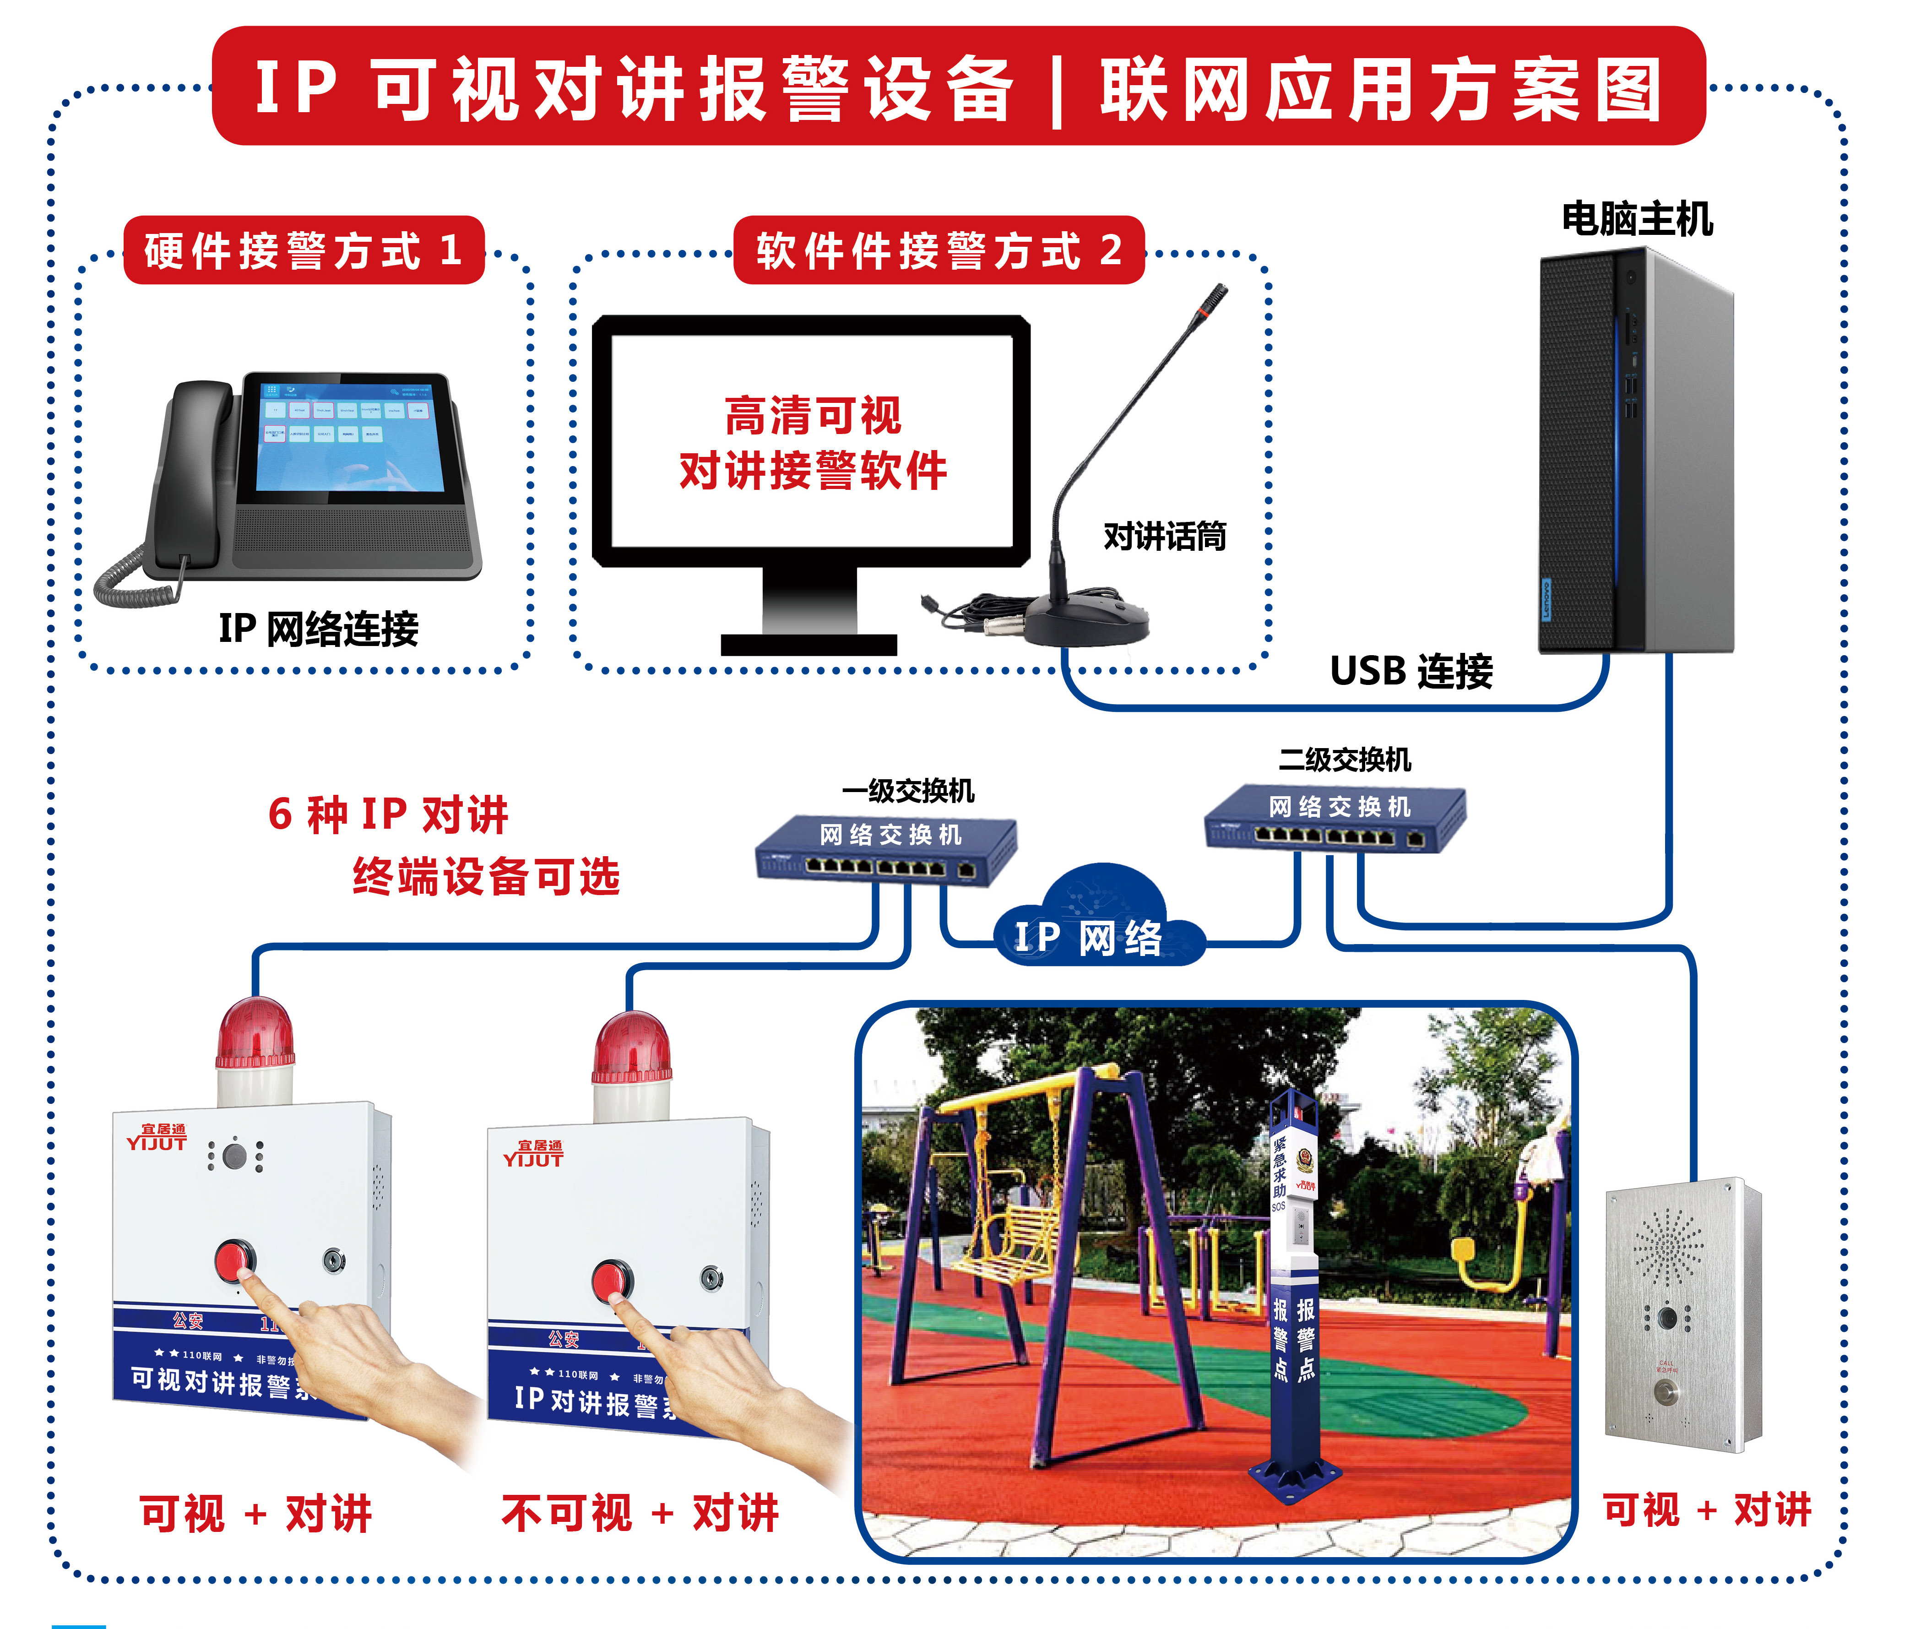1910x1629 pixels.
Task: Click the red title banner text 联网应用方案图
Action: pos(1380,89)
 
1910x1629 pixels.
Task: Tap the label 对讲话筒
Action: pos(1164,536)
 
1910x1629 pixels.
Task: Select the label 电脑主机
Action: pos(1636,219)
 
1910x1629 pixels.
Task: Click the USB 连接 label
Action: pos(1411,671)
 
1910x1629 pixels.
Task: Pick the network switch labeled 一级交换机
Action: pos(887,848)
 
